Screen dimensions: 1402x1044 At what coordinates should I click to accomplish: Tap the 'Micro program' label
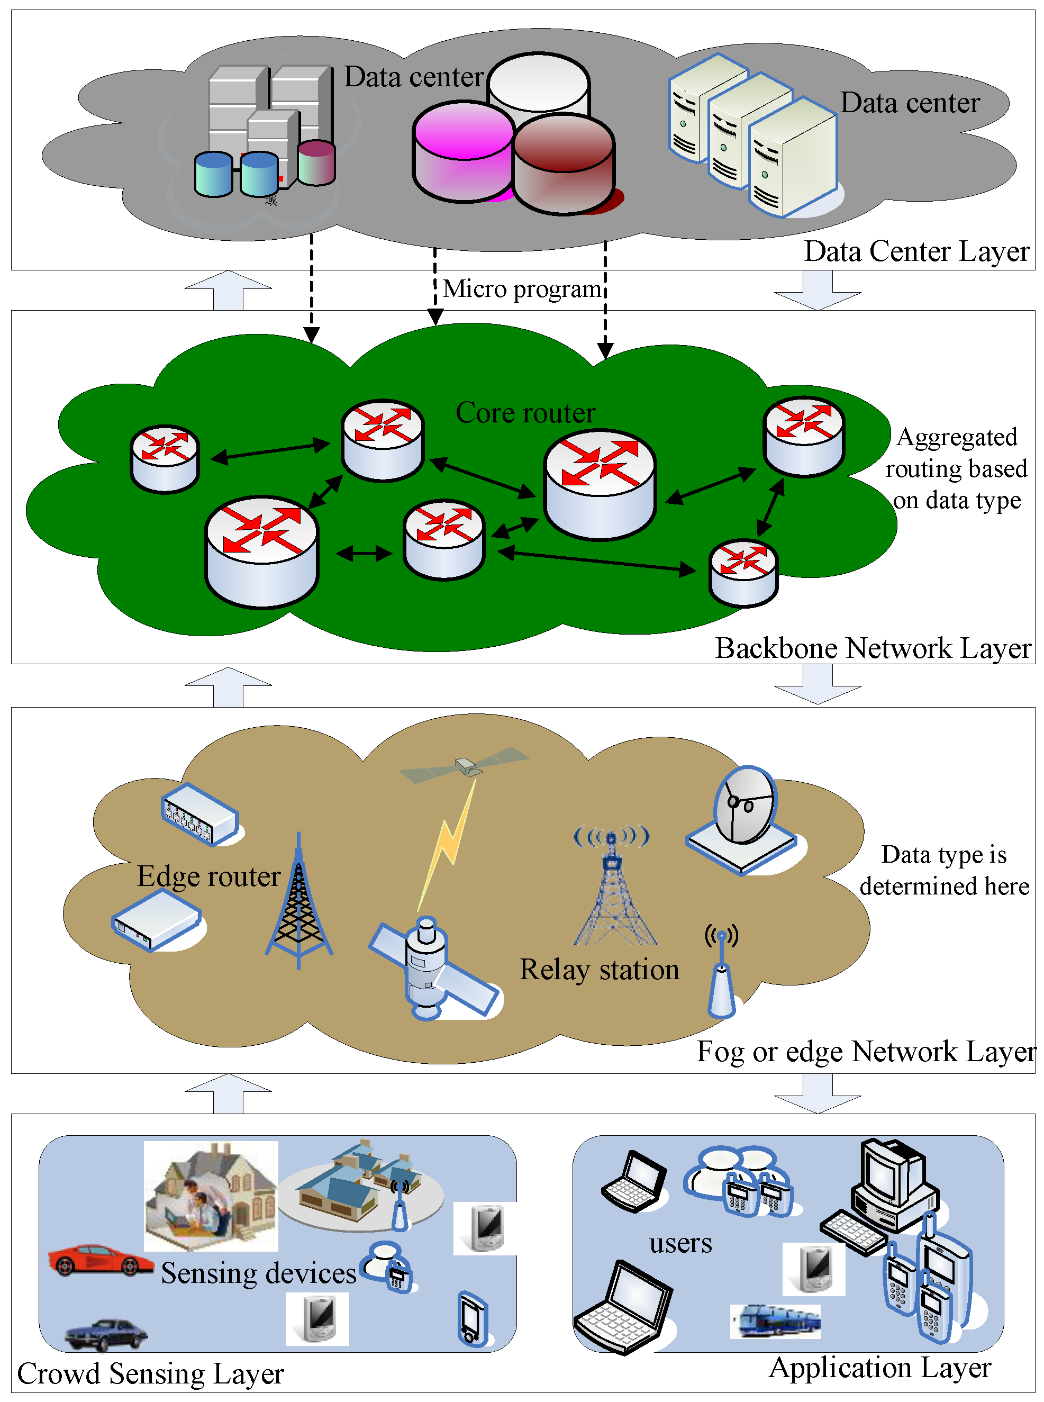tap(521, 289)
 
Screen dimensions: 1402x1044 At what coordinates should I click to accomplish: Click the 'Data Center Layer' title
tap(916, 251)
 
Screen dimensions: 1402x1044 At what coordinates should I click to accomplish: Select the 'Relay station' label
tap(598, 969)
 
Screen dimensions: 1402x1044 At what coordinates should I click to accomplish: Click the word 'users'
tap(680, 1243)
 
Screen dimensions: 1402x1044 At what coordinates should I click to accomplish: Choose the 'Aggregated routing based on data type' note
tap(956, 468)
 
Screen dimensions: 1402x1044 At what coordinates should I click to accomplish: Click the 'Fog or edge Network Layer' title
tap(865, 1052)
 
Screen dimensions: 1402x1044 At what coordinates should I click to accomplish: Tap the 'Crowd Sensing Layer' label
tap(150, 1373)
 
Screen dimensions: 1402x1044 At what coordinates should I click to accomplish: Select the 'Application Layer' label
tap(879, 1367)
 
